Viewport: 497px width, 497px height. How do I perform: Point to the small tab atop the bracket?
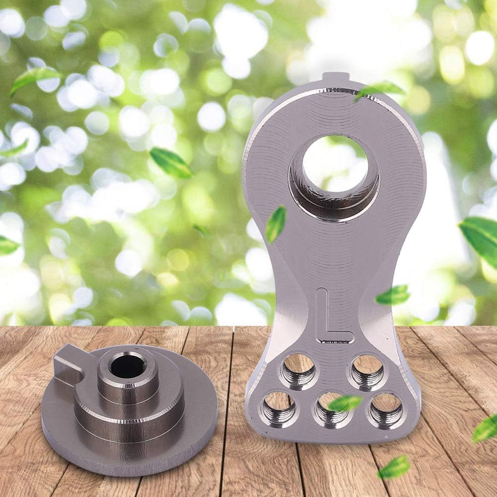click(x=336, y=78)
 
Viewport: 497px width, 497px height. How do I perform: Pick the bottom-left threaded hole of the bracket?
click(x=279, y=409)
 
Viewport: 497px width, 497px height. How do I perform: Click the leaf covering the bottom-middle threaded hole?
click(x=344, y=403)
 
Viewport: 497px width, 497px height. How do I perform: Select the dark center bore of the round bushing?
click(x=129, y=366)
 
